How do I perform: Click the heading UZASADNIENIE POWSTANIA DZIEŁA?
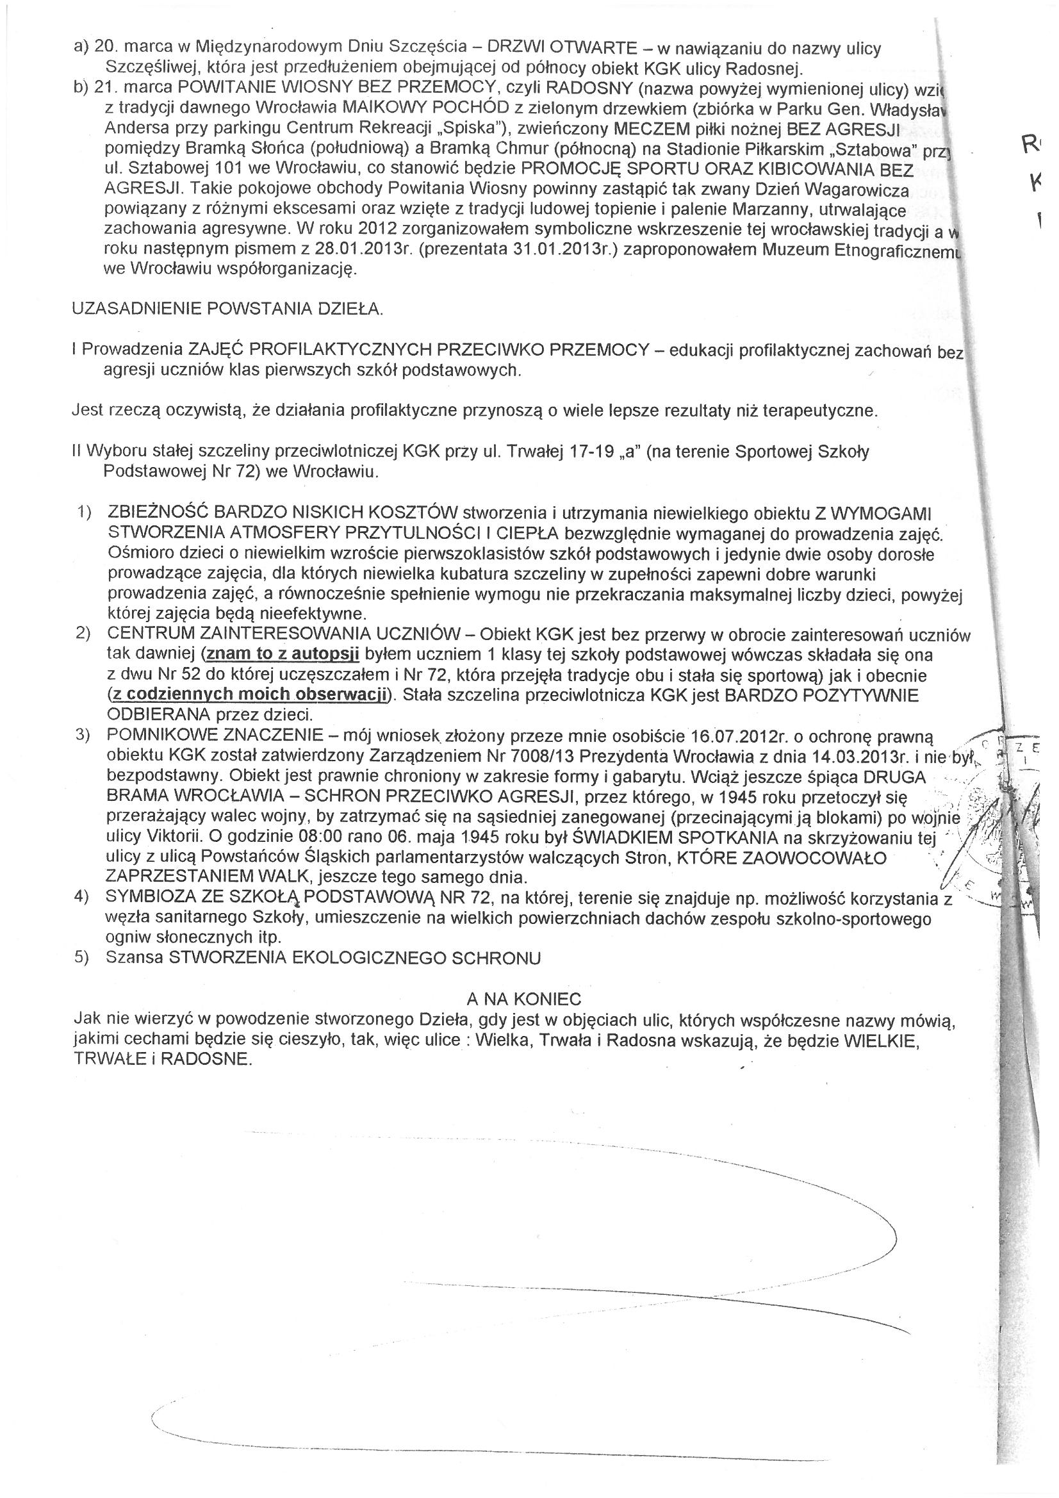[227, 309]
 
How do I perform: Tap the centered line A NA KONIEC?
[524, 999]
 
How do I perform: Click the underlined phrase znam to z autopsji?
[282, 654]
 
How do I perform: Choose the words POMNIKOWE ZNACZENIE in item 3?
[215, 736]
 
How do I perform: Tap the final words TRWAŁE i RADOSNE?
[163, 1060]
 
